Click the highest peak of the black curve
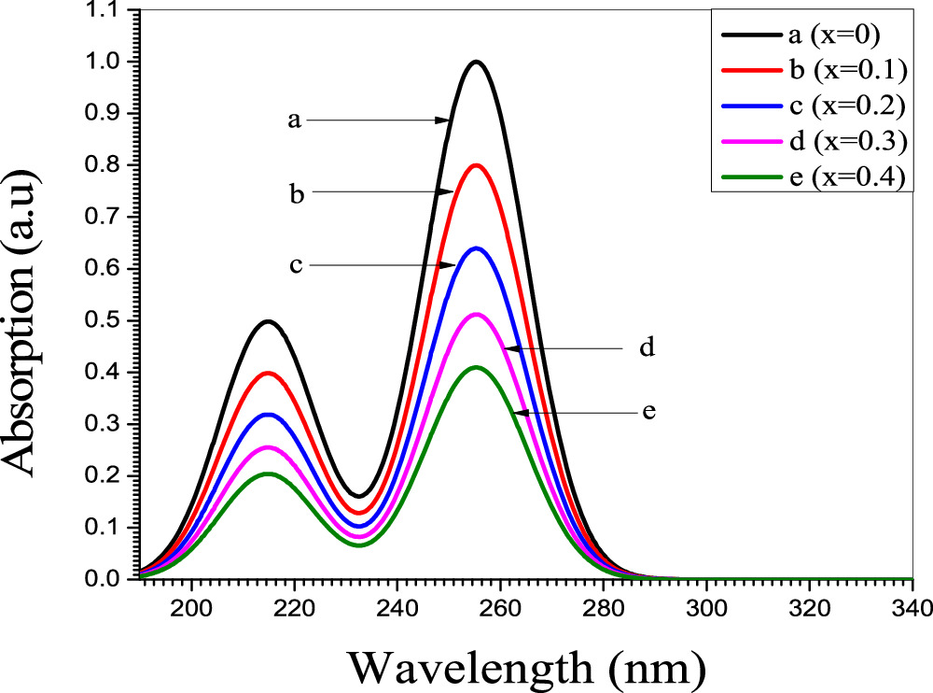point(477,62)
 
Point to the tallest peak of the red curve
point(477,165)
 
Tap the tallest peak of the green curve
point(477,367)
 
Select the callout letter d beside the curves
point(647,348)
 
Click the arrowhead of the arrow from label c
point(446,265)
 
